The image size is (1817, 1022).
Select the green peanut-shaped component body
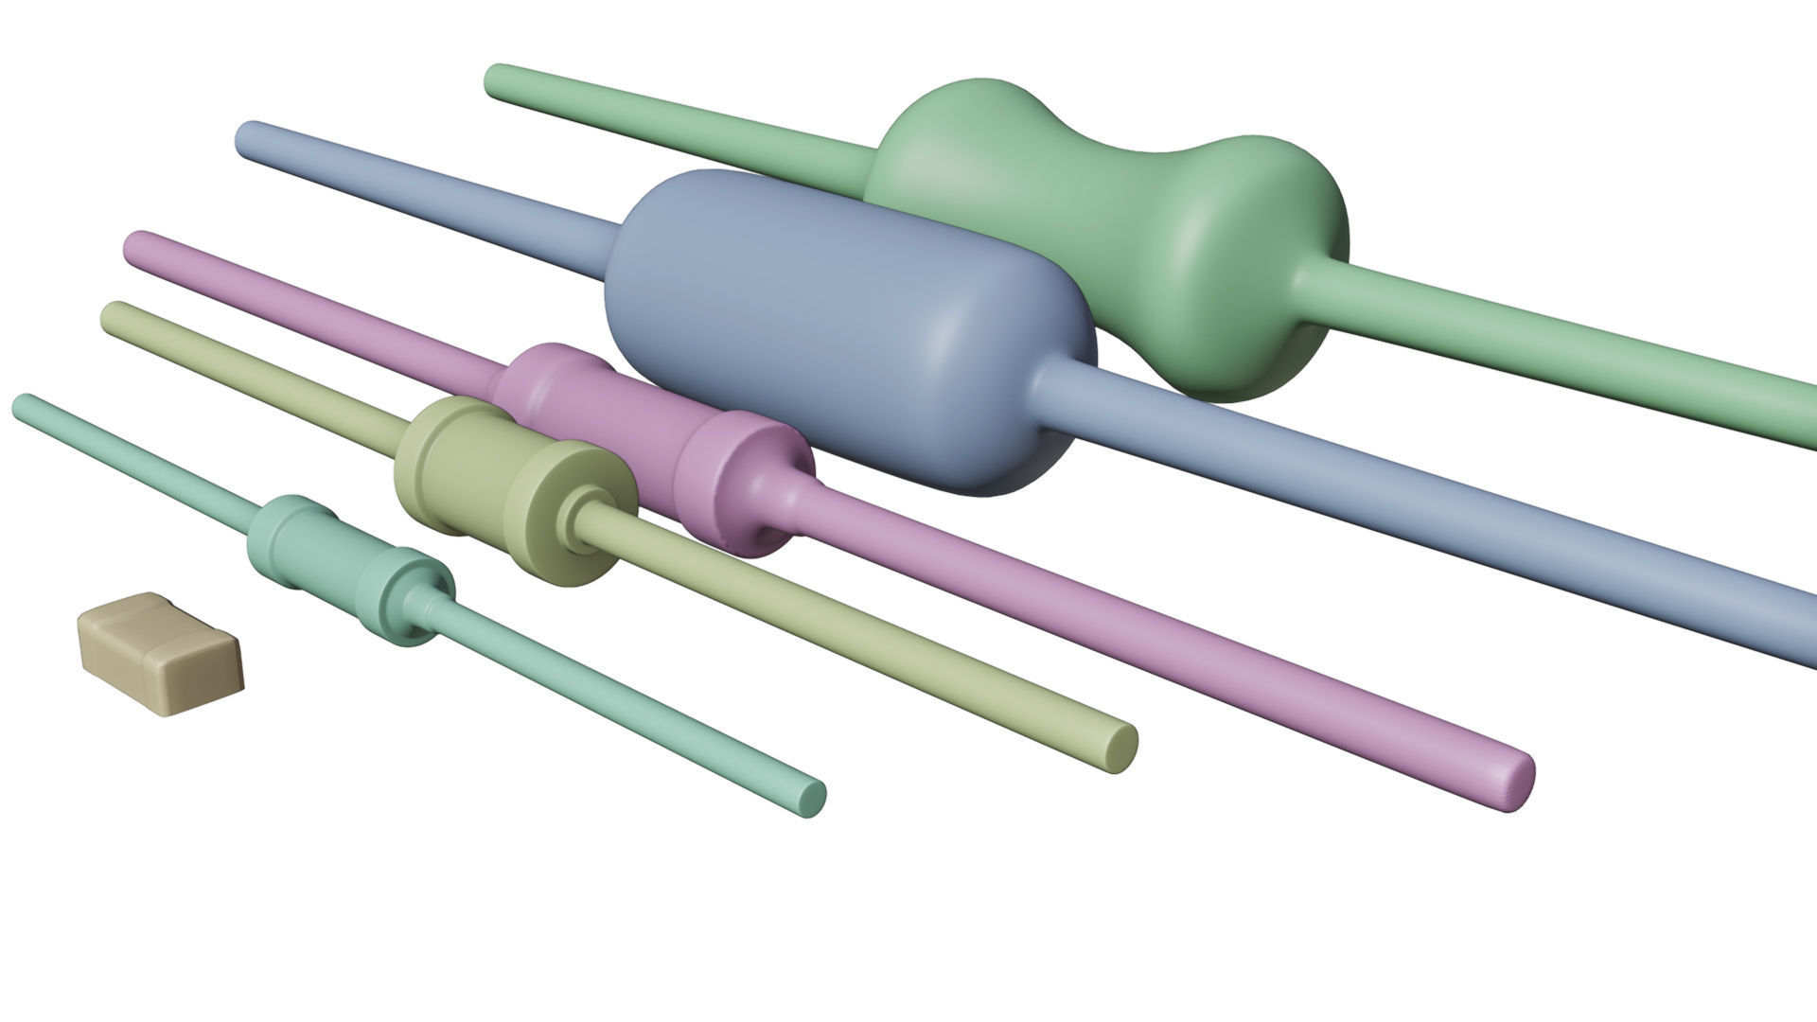pyautogui.click(x=1107, y=237)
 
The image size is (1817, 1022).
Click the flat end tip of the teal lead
pyautogui.click(x=811, y=798)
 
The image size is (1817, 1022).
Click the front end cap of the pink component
pyautogui.click(x=748, y=483)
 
